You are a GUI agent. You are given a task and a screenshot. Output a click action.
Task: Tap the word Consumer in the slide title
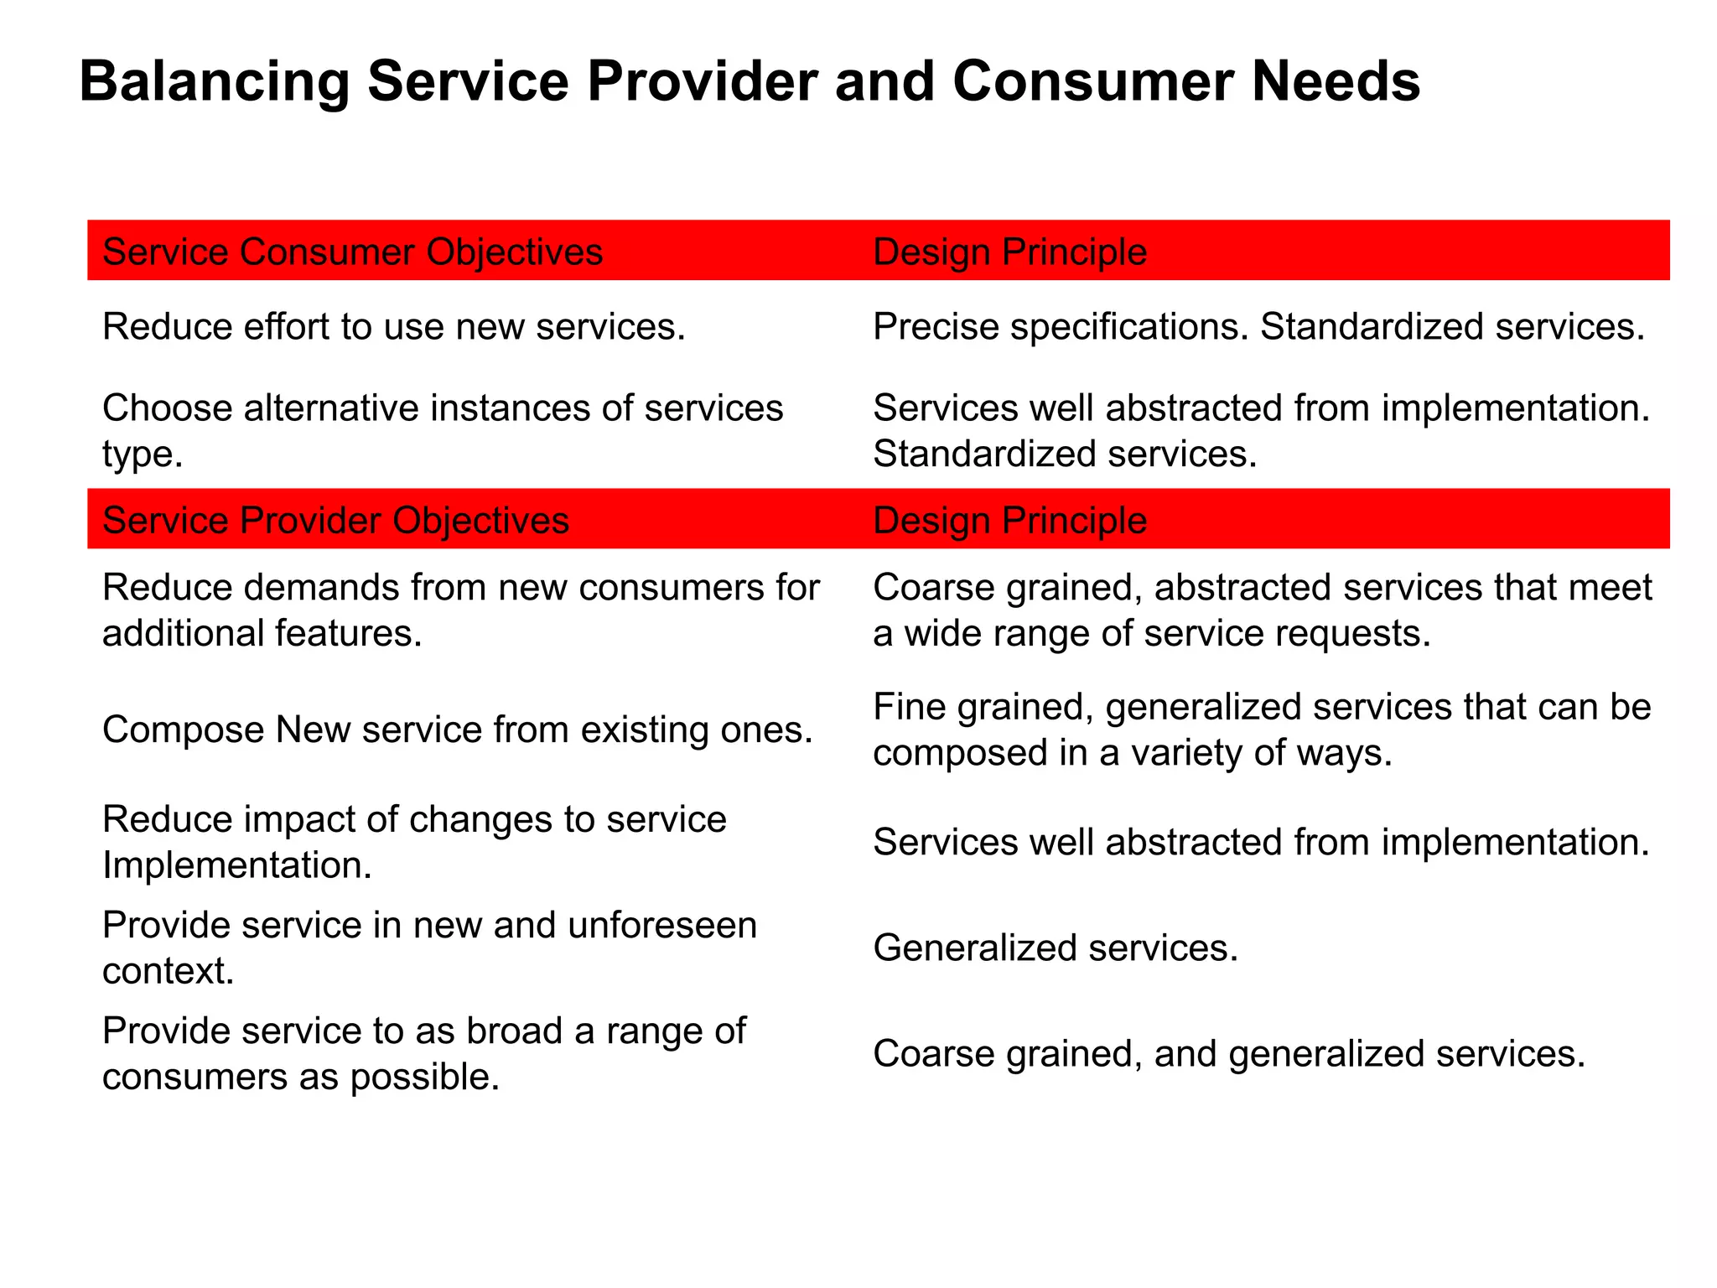pyautogui.click(x=1092, y=81)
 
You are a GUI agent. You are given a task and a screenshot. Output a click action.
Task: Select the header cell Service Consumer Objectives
pyautogui.click(x=352, y=252)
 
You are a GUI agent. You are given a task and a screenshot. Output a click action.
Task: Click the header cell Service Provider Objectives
pyautogui.click(x=335, y=520)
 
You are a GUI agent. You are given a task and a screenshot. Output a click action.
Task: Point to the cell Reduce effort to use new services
pyautogui.click(x=394, y=326)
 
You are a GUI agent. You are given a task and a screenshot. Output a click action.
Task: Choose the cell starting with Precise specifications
pyautogui.click(x=1258, y=326)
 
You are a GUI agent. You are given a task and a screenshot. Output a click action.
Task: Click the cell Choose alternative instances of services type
pyautogui.click(x=442, y=430)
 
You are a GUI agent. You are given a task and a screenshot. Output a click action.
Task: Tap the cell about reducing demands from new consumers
pyautogui.click(x=460, y=610)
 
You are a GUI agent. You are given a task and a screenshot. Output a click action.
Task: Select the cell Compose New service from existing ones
pyautogui.click(x=458, y=729)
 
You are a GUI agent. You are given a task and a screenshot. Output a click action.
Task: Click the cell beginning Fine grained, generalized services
pyautogui.click(x=1262, y=729)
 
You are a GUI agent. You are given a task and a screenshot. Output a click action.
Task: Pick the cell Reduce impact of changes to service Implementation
pyautogui.click(x=414, y=841)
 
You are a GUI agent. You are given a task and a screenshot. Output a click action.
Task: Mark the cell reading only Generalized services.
pyautogui.click(x=1056, y=948)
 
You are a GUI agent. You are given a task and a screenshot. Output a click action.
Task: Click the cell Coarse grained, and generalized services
pyautogui.click(x=1229, y=1053)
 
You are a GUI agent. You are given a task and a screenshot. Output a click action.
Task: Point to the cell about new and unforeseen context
pyautogui.click(x=429, y=948)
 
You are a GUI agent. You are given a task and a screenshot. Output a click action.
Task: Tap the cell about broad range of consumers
pyautogui.click(x=423, y=1053)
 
